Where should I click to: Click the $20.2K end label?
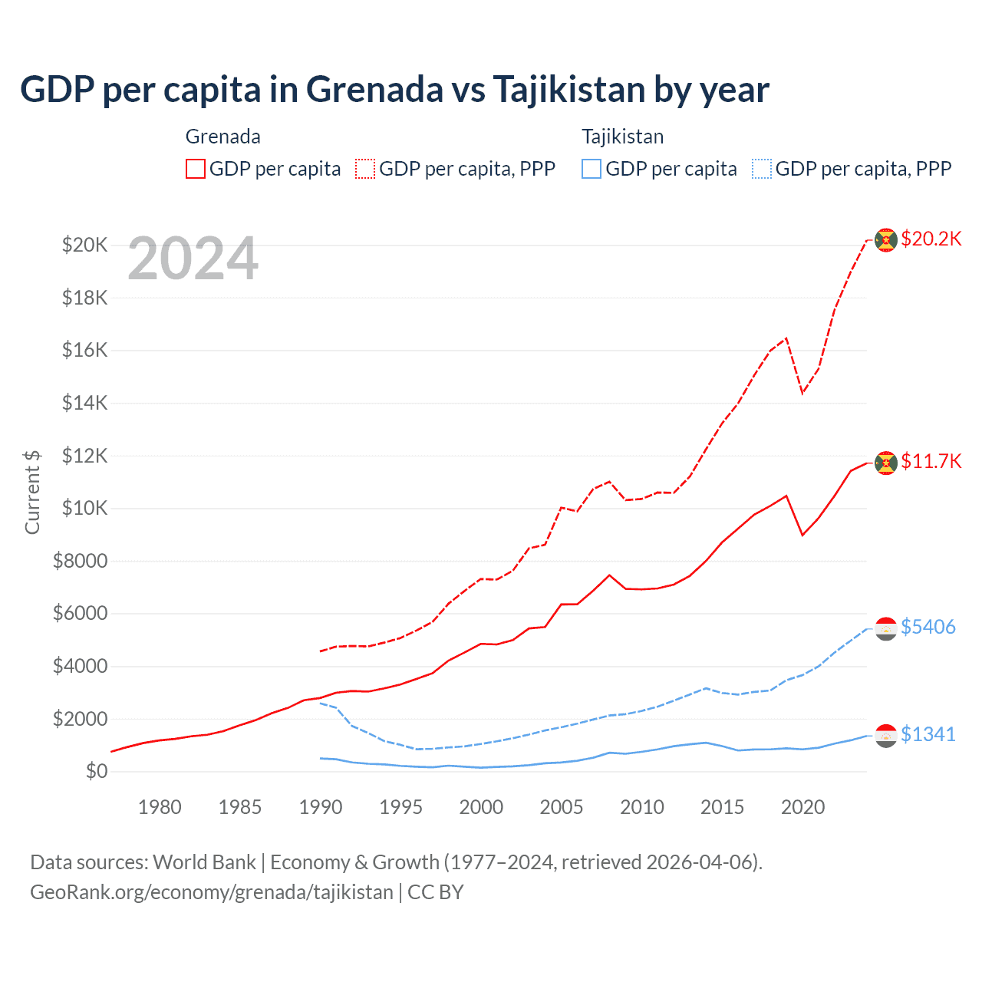931,239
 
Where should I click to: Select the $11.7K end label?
931,461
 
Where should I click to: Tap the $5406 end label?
928,627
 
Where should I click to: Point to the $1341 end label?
928,734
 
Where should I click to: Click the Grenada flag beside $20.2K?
886,240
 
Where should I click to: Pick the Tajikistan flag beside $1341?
886,736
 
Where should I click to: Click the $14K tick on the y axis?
84,403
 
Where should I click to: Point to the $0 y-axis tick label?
96,771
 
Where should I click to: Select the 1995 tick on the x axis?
400,807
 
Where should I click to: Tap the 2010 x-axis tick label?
642,807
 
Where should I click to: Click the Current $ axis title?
32,492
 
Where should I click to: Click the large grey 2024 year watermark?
193,259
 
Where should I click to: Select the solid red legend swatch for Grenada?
196,169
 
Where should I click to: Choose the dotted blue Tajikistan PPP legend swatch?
762,169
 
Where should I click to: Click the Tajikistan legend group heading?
622,137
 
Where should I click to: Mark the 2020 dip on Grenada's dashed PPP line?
802,393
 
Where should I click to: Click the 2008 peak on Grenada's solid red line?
609,575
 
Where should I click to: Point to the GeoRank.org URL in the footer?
211,892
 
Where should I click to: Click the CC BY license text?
436,892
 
